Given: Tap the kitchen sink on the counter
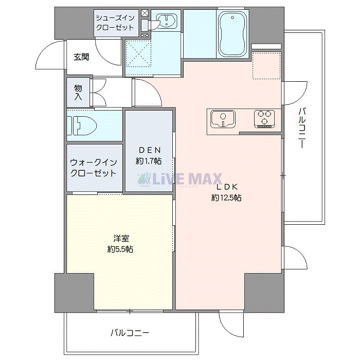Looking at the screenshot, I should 223,119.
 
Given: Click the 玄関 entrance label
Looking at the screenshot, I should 81,57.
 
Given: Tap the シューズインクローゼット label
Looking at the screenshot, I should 116,22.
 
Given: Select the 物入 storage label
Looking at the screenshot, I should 78,92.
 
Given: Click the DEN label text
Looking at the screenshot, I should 149,150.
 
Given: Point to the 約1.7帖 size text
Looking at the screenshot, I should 149,161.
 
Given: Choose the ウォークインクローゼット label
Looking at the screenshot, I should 93,168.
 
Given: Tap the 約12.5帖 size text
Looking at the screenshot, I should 226,198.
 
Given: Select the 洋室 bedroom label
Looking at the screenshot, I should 121,238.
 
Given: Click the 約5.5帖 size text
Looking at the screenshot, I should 121,249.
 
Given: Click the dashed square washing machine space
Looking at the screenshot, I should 138,53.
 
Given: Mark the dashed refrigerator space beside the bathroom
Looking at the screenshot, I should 266,66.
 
